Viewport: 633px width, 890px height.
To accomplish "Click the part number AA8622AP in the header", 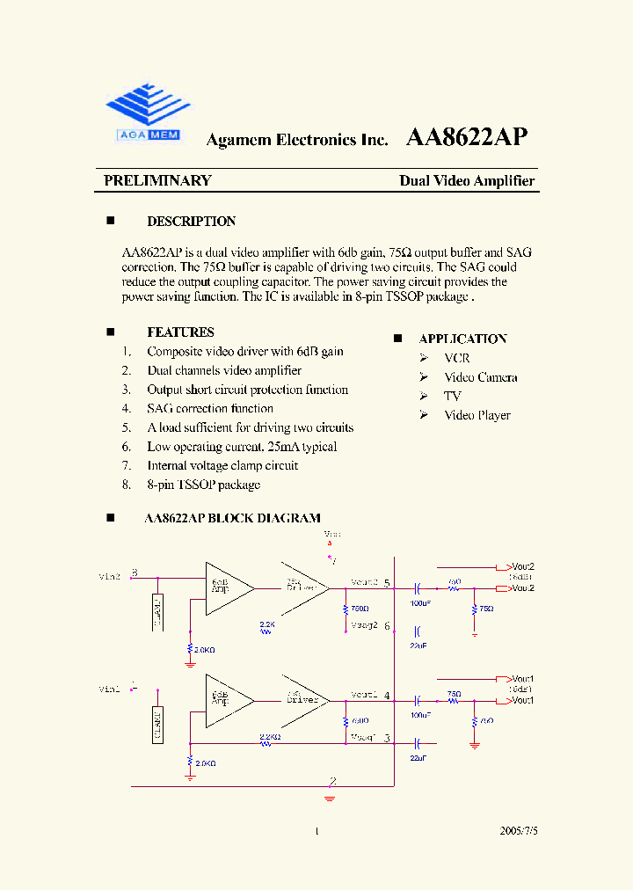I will coord(466,137).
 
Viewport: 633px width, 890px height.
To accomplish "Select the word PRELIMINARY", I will coord(157,181).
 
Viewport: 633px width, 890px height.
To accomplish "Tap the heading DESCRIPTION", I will coord(191,222).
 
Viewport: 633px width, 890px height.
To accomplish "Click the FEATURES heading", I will coord(180,332).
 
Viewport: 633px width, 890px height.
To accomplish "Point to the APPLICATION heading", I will coord(462,339).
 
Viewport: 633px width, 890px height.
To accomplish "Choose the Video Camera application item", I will coord(480,377).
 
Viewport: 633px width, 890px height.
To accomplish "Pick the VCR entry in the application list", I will coord(456,358).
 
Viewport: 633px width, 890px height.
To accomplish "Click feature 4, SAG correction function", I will coord(209,409).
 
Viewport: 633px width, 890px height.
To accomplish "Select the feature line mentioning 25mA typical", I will coord(242,447).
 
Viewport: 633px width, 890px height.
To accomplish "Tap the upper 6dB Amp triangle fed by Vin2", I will coord(225,585).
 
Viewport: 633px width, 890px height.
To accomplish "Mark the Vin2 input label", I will coord(110,577).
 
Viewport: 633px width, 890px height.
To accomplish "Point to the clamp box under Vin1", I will coord(157,724).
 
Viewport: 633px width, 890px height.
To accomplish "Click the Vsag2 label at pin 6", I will coord(364,626).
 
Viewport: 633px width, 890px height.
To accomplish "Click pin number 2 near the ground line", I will coord(332,780).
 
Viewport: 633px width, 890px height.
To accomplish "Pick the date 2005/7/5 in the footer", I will coord(518,830).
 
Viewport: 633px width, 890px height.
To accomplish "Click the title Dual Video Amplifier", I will coord(467,181).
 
